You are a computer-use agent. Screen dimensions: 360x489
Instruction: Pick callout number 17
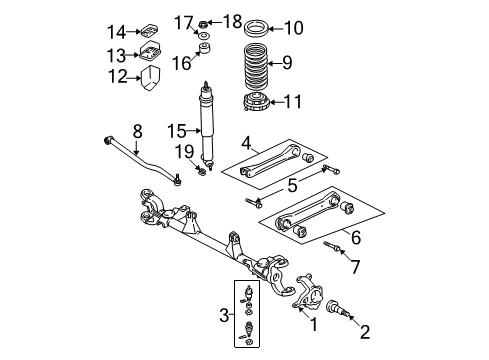point(182,20)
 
